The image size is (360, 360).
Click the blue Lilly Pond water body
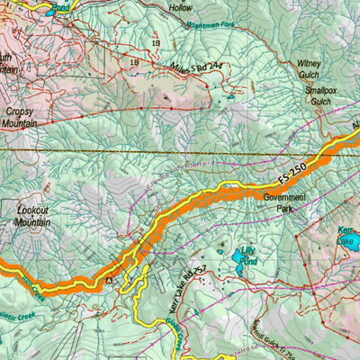239,262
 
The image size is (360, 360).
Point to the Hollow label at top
181,7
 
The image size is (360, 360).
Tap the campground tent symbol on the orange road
110,280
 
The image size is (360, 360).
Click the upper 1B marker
156,41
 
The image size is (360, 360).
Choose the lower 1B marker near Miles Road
135,61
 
